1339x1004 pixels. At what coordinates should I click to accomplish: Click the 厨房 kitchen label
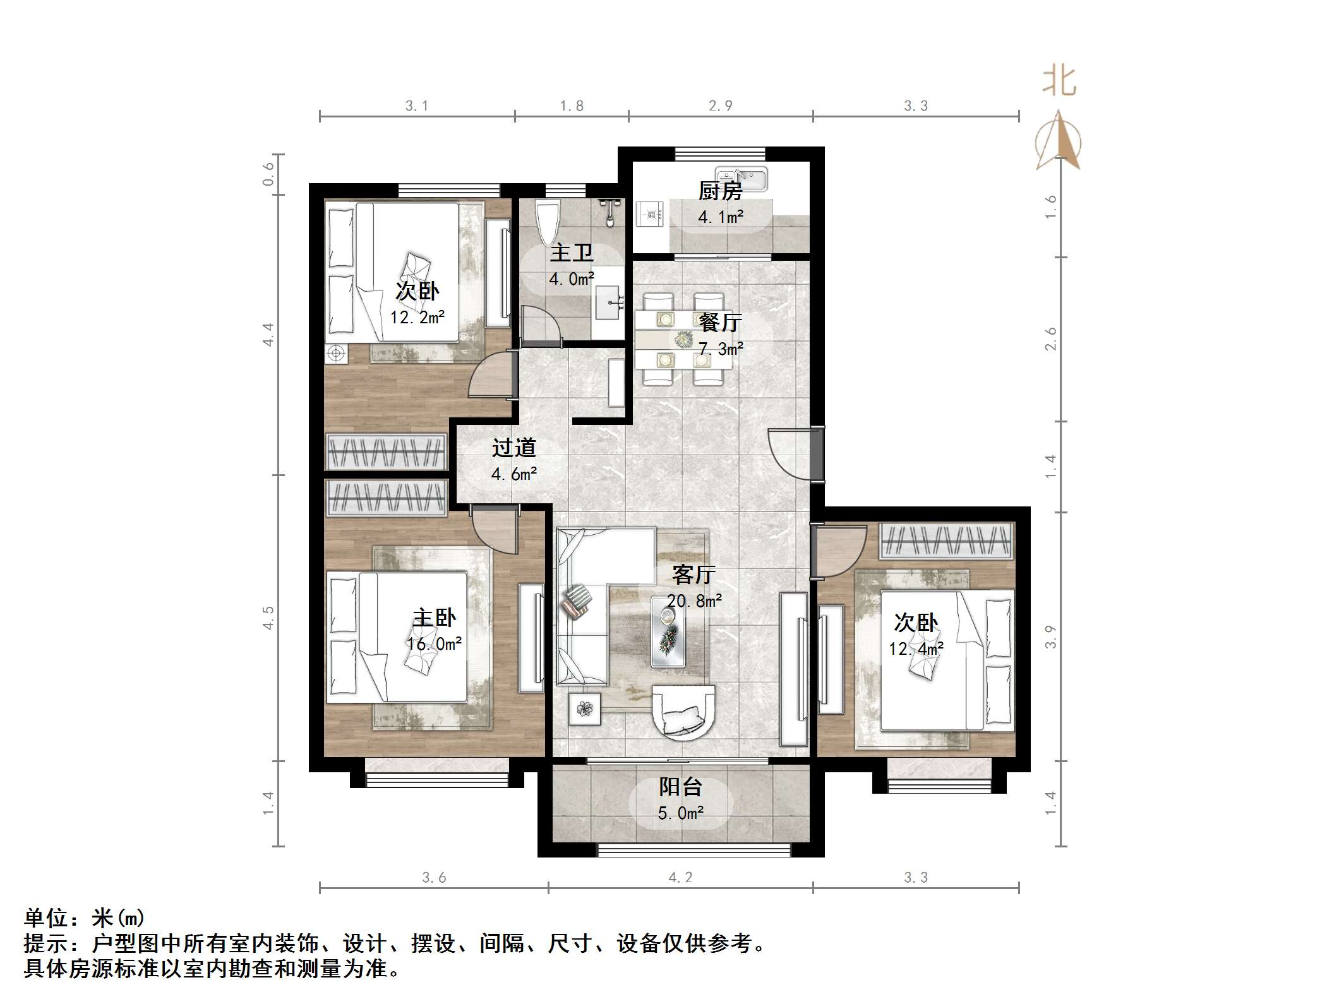tap(719, 191)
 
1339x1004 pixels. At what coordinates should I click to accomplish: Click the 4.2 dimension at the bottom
tap(680, 877)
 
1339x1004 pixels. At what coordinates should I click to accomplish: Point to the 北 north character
tap(1059, 83)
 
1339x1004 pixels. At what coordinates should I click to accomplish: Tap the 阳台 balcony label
tap(680, 787)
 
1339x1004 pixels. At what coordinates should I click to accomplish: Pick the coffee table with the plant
tap(668, 631)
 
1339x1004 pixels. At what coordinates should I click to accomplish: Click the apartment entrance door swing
tap(790, 453)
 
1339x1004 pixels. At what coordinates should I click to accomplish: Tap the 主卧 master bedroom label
tap(434, 618)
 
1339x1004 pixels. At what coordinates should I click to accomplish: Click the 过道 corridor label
tap(513, 448)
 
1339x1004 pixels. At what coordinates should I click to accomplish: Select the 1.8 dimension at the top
tap(572, 106)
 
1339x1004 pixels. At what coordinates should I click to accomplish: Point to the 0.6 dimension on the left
tap(268, 174)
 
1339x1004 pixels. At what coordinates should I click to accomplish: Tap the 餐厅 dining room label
tap(720, 323)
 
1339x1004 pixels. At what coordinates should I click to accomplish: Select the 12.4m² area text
tap(916, 648)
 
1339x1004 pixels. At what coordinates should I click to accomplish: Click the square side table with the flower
tap(585, 710)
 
